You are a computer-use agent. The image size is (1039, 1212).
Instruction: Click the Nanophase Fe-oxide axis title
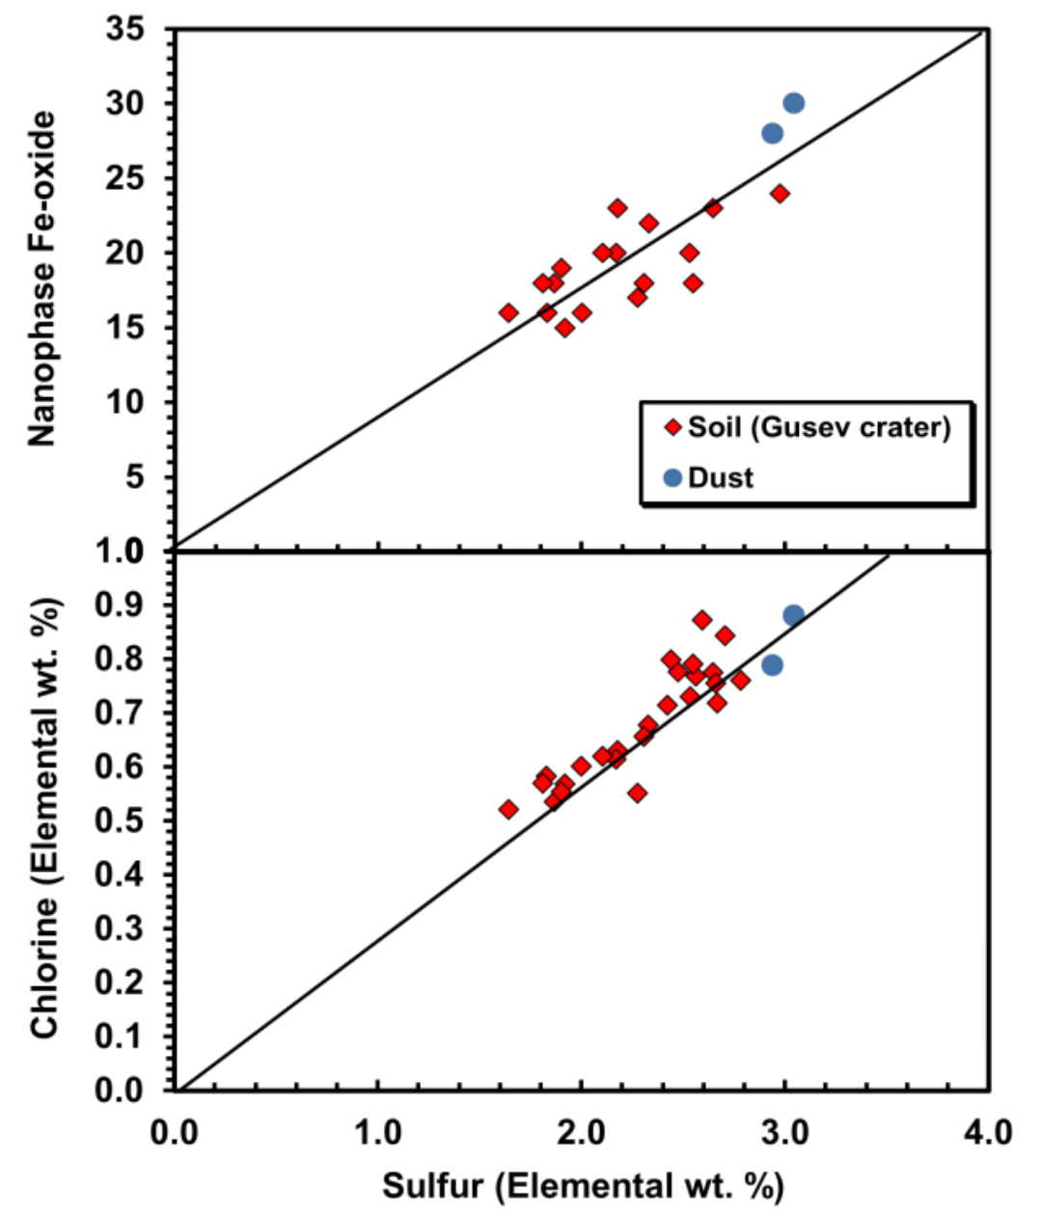point(41,279)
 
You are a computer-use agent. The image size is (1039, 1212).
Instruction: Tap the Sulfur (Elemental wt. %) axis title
point(583,1185)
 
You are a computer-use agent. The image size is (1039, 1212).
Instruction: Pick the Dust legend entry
point(720,477)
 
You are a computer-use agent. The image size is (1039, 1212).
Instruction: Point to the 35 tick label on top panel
point(125,30)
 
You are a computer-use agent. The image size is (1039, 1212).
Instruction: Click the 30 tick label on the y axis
point(125,104)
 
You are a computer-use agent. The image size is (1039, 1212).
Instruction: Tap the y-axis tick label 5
point(134,477)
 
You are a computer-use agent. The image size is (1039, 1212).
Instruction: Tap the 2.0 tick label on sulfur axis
point(581,1131)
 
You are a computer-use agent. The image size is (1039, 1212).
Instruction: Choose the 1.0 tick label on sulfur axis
point(378,1131)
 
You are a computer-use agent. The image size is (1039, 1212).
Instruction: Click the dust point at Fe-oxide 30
point(793,103)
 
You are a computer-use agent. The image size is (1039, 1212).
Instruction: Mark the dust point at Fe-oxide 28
point(772,133)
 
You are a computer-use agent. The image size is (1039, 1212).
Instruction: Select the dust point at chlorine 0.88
point(793,615)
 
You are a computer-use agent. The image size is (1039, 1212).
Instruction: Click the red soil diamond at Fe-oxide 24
point(779,194)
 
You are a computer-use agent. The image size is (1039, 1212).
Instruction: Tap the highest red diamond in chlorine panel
point(702,620)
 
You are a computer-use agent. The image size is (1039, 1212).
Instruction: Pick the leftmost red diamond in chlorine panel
point(508,809)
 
